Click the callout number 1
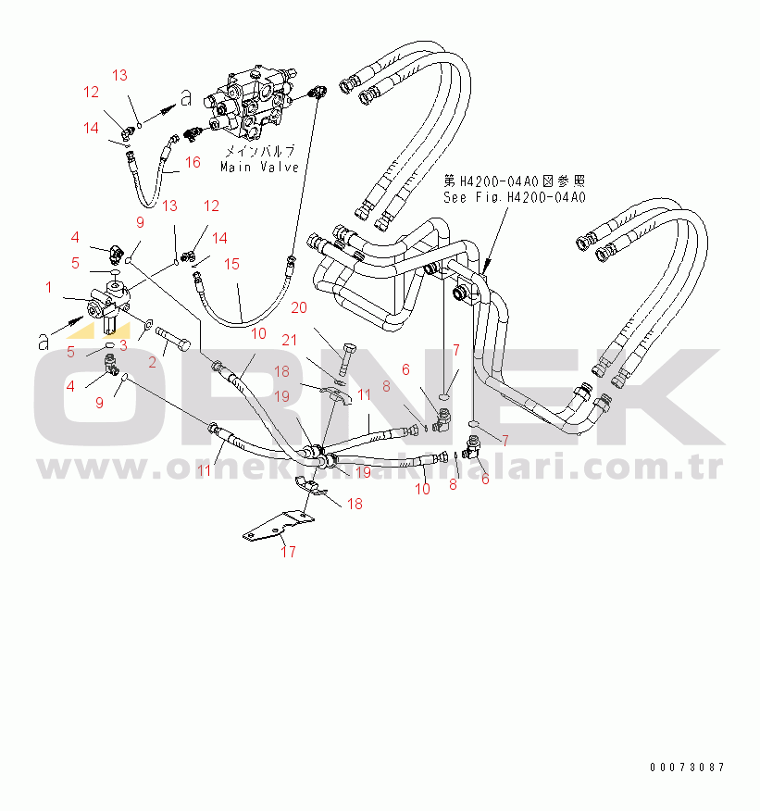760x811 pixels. pos(47,288)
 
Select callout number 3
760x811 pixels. pos(122,346)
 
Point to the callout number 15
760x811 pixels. pos(231,265)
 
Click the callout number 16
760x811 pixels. pos(193,163)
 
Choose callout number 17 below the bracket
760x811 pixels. pos(288,553)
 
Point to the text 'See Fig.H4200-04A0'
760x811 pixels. pos(515,197)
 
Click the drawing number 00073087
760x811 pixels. pos(687,767)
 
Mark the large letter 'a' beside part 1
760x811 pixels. pos(44,341)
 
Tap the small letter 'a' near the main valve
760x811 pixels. pos(186,96)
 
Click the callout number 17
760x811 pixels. pos(288,553)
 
